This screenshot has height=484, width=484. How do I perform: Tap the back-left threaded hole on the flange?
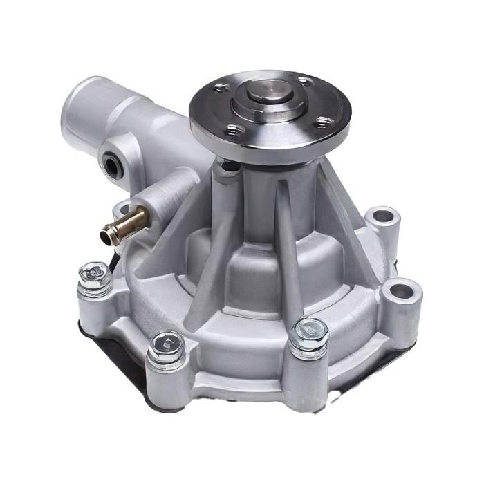tap(221, 87)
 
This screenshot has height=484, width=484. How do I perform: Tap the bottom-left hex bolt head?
tap(166, 344)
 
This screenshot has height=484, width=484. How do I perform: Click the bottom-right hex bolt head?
tap(309, 331)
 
